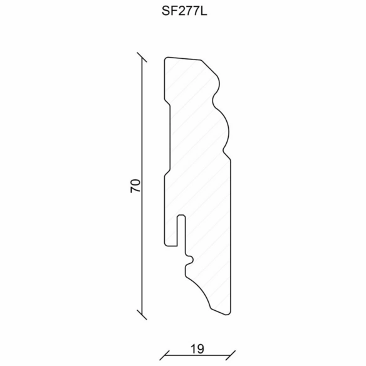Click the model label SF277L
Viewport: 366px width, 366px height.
point(184,11)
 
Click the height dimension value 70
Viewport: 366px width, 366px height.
point(135,186)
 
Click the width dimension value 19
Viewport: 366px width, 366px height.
point(197,349)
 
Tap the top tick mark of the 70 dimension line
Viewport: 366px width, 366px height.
point(142,57)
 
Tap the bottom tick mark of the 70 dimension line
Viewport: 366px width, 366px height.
point(142,315)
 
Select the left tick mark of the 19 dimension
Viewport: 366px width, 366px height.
point(164,355)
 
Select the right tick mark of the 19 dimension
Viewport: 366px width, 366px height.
point(231,355)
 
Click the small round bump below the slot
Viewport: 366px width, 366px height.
point(190,260)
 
